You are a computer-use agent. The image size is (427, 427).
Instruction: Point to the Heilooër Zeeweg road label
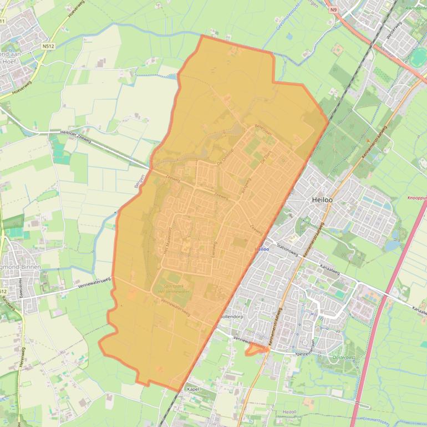point(76,133)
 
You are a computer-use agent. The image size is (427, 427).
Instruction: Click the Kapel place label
point(192,389)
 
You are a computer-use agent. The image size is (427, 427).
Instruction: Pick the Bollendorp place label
point(231,316)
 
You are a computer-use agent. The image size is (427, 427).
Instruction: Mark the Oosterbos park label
point(342,358)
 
